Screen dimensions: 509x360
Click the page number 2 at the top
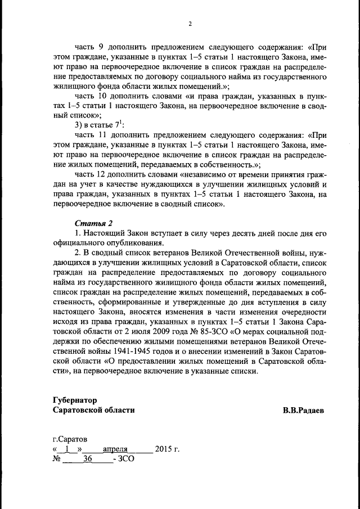[x=190, y=24]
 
